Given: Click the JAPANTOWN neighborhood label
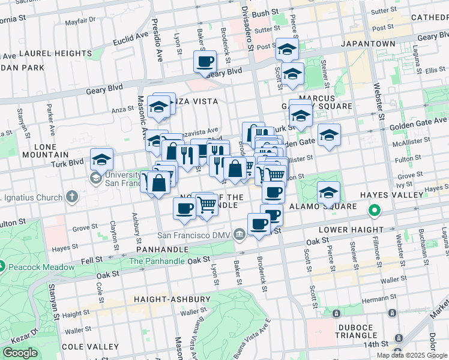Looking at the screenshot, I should coord(368,44).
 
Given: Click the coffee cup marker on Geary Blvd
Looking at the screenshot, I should coord(205,61).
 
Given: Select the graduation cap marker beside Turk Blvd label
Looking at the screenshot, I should coord(102,160).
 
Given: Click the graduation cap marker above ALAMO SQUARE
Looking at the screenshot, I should coord(328,193).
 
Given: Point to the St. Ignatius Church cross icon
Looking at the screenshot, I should coord(72,196).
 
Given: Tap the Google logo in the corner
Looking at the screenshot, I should coord(20,353).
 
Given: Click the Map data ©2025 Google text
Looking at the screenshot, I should coord(412,355).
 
